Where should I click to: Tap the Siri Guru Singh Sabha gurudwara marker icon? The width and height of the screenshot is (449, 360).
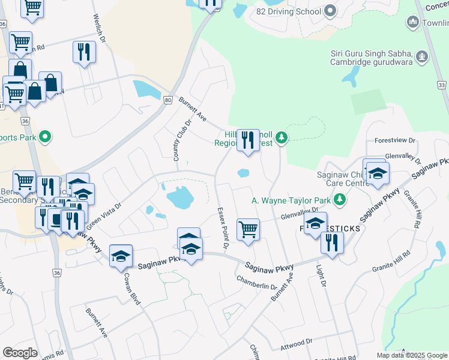(x=423, y=57)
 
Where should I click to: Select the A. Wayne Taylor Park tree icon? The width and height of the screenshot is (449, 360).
(x=340, y=199)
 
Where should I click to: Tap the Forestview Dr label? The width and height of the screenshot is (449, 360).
(x=394, y=140)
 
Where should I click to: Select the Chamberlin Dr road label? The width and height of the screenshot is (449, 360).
(x=256, y=283)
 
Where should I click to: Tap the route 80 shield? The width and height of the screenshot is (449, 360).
(x=167, y=103)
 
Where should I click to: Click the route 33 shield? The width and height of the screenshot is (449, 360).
(x=442, y=86)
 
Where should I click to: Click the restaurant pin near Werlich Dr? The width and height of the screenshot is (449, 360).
(x=84, y=52)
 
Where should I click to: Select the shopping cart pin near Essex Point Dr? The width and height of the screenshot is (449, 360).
(x=248, y=229)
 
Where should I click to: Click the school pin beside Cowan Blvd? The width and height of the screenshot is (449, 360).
(x=121, y=256)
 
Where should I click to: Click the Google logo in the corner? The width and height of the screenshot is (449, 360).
(x=20, y=353)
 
